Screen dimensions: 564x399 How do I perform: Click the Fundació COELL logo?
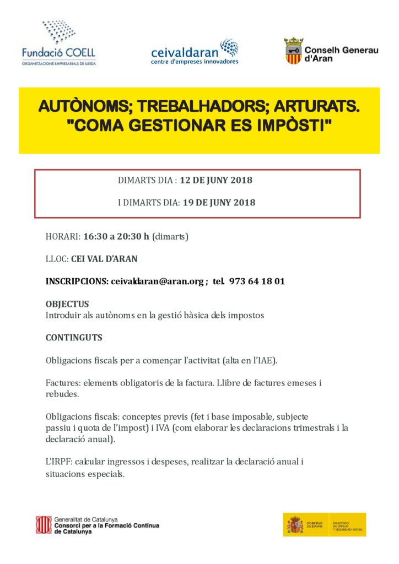58,44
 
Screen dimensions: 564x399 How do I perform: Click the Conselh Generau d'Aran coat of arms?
293,51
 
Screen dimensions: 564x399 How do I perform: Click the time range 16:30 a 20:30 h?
117,237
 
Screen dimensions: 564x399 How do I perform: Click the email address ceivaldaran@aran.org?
157,281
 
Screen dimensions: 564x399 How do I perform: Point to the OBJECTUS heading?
67,304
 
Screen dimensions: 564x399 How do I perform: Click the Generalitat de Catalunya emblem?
44,525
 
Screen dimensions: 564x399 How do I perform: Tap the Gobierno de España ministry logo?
325,525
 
